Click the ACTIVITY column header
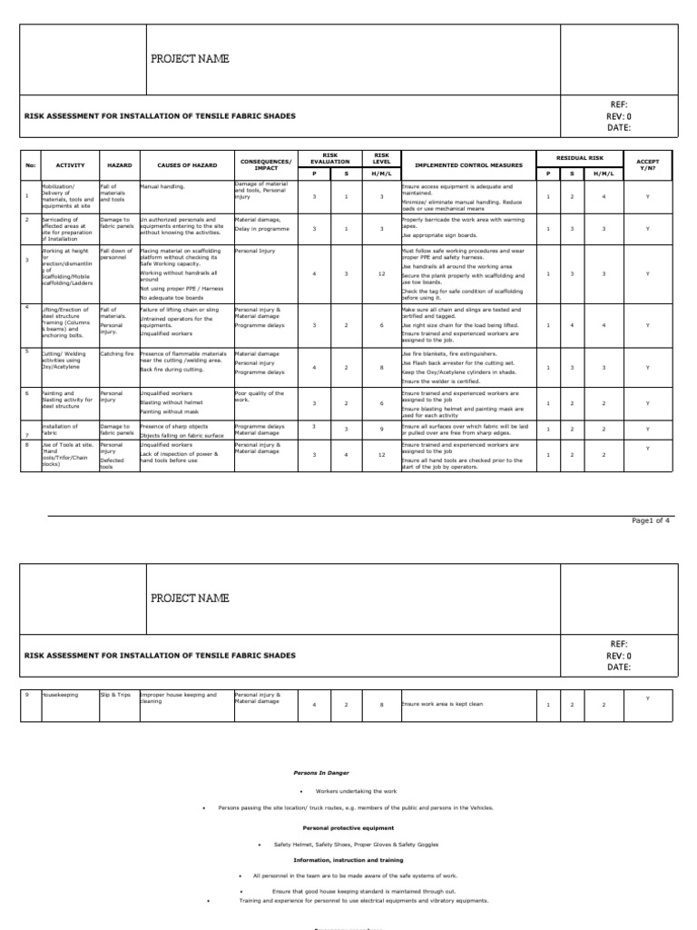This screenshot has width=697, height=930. point(70,166)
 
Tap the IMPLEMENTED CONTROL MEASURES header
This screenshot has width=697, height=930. point(468,166)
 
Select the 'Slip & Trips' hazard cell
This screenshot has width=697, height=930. point(115,695)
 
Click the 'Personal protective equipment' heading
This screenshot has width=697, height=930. point(348,827)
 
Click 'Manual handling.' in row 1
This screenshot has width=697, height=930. point(162,185)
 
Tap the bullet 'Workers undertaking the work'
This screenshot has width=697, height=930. point(354,791)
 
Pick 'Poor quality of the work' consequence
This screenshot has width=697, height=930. point(260,396)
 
